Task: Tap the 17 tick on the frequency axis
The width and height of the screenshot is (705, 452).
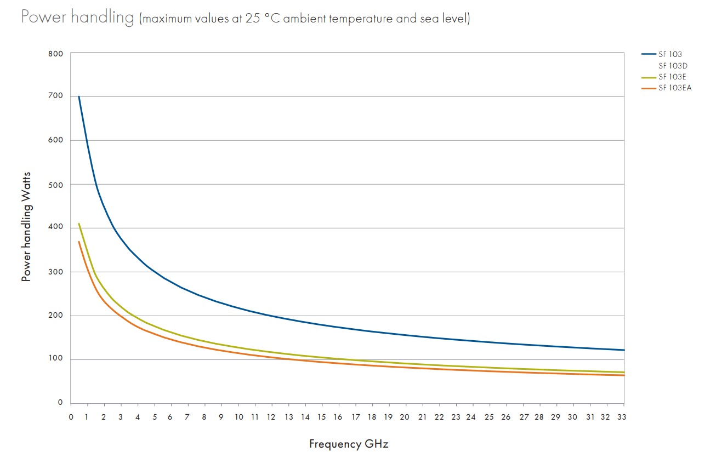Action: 355,417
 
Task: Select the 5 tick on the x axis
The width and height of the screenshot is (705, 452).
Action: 155,417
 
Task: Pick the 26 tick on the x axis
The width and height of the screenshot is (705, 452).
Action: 506,417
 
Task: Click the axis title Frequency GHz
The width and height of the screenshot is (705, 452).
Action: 349,444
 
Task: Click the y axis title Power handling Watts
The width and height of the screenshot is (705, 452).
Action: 26,226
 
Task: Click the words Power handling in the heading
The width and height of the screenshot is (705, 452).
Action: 77,18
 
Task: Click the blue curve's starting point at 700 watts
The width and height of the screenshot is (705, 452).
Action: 79,96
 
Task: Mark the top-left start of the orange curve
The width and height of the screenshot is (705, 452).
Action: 79,242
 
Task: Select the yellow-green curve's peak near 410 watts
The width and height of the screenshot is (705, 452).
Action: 79,224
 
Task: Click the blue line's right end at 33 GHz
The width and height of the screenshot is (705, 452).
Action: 624,350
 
